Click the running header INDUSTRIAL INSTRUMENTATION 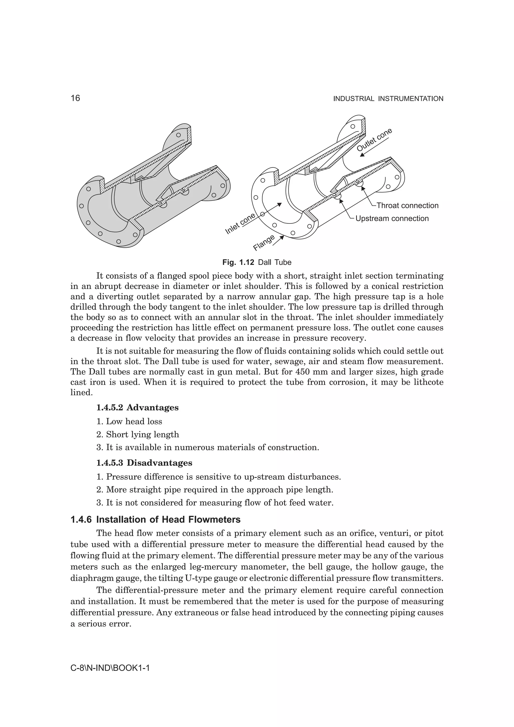tap(388, 99)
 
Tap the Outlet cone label tap(374, 140)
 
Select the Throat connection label tap(407, 205)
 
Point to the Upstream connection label tap(392, 219)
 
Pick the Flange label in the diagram tap(264, 243)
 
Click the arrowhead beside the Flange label tap(282, 237)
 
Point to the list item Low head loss tap(134, 421)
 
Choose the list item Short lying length tap(142, 434)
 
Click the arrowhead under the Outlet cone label tap(362, 154)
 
